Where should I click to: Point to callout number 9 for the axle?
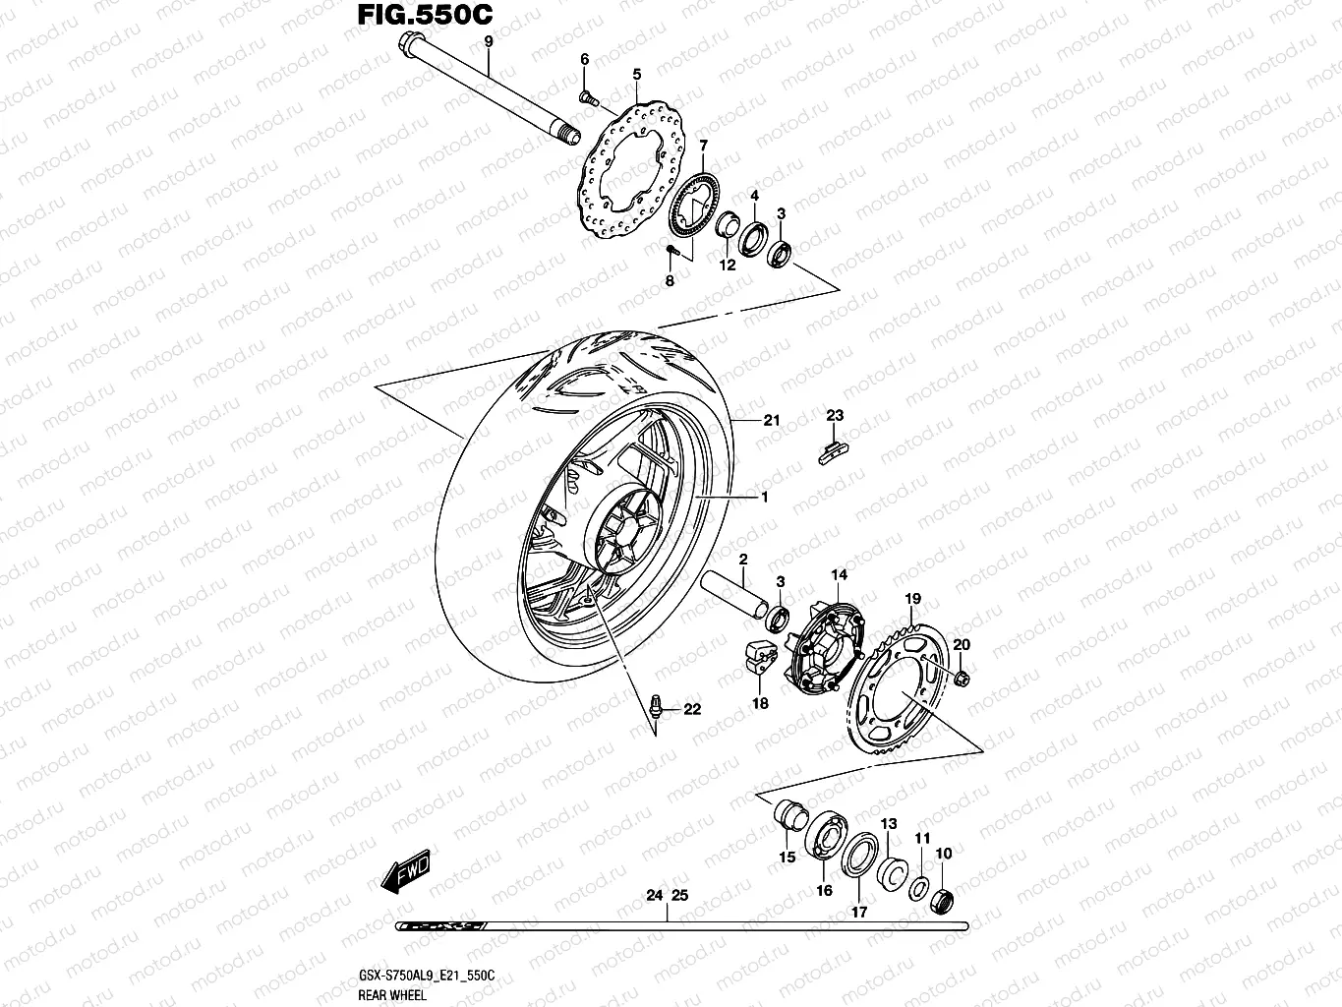pos(486,41)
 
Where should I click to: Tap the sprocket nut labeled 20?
pos(961,677)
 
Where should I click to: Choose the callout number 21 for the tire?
pos(772,421)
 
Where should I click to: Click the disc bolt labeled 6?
pos(587,95)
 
